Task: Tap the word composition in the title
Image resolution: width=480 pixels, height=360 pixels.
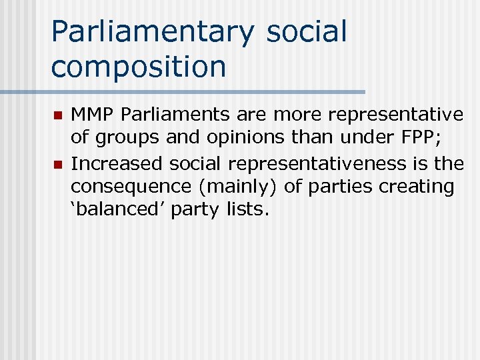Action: point(139,67)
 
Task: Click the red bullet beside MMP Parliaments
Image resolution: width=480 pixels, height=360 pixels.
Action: point(57,115)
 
